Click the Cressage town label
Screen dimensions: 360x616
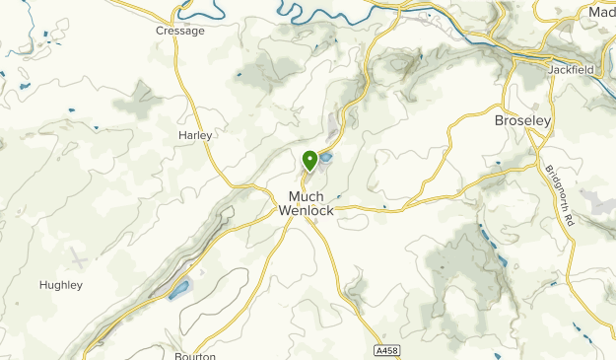(x=180, y=31)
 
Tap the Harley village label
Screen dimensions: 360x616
(x=194, y=134)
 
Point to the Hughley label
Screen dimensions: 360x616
(x=60, y=285)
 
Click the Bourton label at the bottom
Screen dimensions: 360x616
(x=195, y=355)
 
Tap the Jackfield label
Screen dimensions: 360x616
(x=570, y=72)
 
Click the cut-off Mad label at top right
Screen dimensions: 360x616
(x=601, y=12)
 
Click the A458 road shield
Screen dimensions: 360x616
(x=387, y=350)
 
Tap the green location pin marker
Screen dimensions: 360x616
(x=309, y=159)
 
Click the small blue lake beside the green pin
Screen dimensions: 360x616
(x=325, y=157)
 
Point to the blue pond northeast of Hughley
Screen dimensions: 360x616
(x=178, y=289)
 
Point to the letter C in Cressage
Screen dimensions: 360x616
(x=160, y=31)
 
